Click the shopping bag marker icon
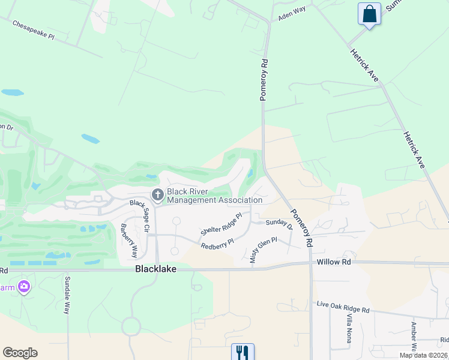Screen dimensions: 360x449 (369, 14)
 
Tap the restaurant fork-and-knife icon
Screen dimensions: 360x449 (243, 352)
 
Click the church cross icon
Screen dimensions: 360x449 (158, 194)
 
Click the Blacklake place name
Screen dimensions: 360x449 (155, 269)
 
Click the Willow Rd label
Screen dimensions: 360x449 (334, 262)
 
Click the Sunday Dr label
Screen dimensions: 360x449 (279, 224)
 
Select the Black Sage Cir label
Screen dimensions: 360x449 (142, 213)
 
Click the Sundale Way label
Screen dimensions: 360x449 (67, 295)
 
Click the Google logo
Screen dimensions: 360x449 (20, 353)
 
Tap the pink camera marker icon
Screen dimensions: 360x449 (24, 287)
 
